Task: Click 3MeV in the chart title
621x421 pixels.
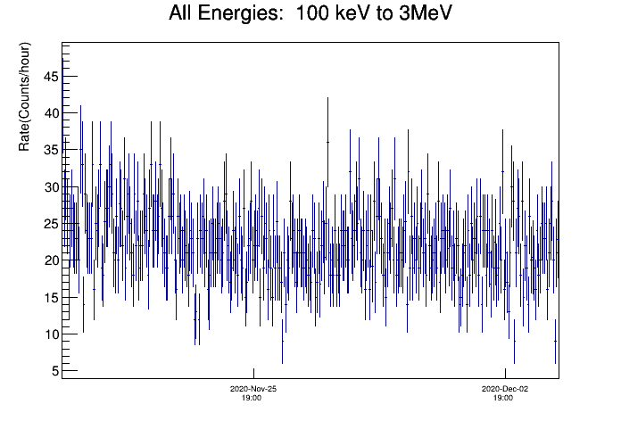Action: tap(425, 12)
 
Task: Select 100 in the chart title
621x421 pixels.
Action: tap(312, 13)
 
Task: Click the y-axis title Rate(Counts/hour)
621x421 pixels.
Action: tap(24, 96)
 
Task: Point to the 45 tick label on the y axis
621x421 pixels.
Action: tap(51, 77)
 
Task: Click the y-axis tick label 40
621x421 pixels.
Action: tap(51, 113)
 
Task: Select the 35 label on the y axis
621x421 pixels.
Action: tap(51, 150)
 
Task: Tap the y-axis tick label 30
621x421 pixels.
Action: tap(51, 187)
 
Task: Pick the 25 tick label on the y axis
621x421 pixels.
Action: tap(51, 224)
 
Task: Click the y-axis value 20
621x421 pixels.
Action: tap(51, 260)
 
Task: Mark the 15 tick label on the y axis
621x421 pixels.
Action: tap(51, 297)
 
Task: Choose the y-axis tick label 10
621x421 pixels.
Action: tap(51, 334)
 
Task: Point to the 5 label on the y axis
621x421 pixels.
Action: tap(54, 371)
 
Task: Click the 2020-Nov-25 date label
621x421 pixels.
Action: tap(253, 389)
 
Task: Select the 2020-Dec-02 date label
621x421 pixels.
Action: tap(505, 389)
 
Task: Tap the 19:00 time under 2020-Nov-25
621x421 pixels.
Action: tap(252, 398)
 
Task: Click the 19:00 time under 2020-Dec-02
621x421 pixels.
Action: tap(503, 398)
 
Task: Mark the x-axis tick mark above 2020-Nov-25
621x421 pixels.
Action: tap(253, 373)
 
